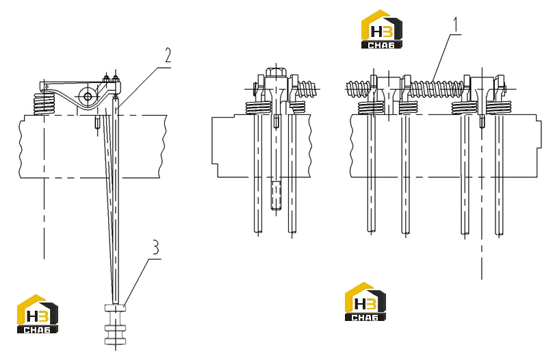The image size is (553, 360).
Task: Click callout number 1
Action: [x=456, y=25]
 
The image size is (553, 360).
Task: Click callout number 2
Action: [x=168, y=55]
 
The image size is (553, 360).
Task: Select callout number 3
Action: [x=155, y=247]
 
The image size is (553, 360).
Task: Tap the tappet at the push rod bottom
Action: [x=116, y=324]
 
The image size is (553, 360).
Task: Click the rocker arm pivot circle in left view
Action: [x=87, y=96]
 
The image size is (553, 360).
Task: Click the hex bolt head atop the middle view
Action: [x=275, y=73]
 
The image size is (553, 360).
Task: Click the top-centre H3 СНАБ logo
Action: [x=382, y=29]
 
